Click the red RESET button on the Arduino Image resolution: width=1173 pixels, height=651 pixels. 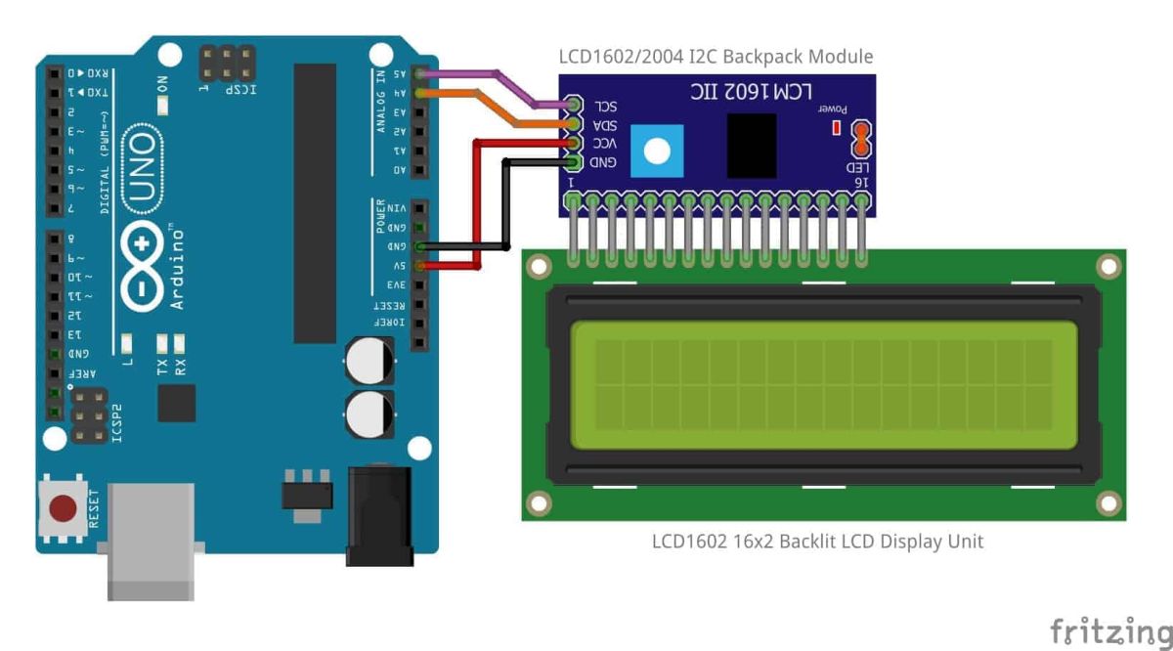point(63,507)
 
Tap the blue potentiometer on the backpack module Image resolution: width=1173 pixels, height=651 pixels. point(657,151)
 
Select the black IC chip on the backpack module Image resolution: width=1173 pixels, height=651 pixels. point(752,146)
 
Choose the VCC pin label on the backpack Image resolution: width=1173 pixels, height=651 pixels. point(605,144)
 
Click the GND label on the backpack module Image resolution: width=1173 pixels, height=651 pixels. point(603,162)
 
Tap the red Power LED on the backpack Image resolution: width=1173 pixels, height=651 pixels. point(836,128)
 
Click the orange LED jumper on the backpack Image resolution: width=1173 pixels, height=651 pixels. point(861,139)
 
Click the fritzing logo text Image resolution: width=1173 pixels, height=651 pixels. point(1109,631)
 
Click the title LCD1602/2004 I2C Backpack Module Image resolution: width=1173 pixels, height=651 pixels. point(716,57)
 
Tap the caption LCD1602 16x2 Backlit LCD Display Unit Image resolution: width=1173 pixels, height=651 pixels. point(817,541)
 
